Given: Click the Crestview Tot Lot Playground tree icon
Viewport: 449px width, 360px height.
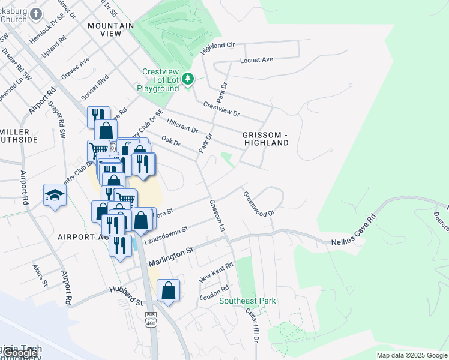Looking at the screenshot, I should tap(188, 79).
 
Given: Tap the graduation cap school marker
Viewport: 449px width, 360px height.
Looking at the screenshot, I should tap(54, 195).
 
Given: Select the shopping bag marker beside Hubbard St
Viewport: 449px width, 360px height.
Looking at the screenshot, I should tap(169, 291).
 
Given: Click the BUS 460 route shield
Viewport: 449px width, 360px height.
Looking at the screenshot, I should tap(150, 319).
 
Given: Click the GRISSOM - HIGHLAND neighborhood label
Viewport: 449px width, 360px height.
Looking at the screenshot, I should tap(266, 139).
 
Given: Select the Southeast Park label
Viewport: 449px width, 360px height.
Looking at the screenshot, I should tap(247, 301).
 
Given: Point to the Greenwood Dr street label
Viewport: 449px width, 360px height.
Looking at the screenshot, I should tap(258, 204).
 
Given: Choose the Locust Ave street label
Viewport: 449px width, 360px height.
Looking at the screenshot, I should tap(256, 60).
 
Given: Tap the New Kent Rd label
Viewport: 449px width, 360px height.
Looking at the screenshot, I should tap(216, 272).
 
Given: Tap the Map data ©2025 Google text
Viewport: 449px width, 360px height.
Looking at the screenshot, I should tap(411, 355).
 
